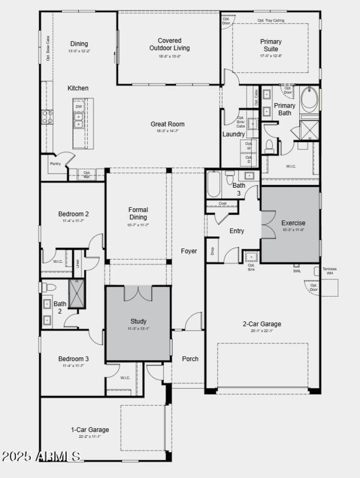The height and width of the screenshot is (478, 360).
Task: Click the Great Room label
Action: pos(167,124)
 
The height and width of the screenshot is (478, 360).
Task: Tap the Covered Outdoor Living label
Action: pos(170,45)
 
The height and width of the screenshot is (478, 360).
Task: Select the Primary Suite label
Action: pos(271,45)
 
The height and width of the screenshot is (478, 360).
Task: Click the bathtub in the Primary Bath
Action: pos(310,99)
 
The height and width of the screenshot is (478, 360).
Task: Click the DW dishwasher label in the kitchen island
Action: pos(78,107)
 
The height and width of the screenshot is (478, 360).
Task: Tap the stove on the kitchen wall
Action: pos(47,117)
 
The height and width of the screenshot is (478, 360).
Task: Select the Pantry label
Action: pos(55,164)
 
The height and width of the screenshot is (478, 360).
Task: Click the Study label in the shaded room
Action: pos(138,321)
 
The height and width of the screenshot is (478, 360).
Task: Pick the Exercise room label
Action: pos(293,223)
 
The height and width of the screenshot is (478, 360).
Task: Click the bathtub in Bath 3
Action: pos(214,184)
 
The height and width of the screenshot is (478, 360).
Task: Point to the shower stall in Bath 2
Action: pos(76,293)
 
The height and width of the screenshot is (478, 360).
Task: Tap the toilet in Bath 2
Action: pos(49,287)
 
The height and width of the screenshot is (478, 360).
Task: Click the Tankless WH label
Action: pos(330,271)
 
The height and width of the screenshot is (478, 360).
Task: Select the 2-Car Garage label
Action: pos(262,324)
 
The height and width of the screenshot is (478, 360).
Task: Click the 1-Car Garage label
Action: pos(90,430)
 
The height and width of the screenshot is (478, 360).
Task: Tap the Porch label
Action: pos(190,359)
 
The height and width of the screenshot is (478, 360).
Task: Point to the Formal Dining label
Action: pos(138,213)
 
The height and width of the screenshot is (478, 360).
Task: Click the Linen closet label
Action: pos(77,263)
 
